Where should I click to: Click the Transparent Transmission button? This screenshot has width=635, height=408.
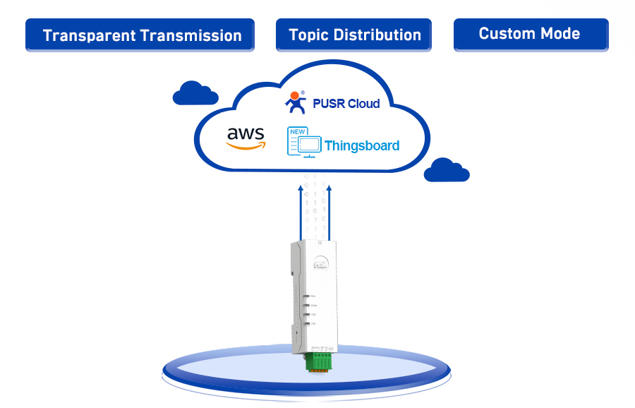[x=140, y=35]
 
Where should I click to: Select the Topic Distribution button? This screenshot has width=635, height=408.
[x=353, y=35]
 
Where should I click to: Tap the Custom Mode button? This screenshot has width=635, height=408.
[x=530, y=34]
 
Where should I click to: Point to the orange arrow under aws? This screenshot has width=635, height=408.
[x=246, y=145]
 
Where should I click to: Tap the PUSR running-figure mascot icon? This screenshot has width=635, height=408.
[x=296, y=103]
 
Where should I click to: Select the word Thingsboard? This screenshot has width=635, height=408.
[x=362, y=146]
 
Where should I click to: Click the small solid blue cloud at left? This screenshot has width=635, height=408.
[x=195, y=94]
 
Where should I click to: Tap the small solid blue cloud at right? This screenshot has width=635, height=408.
[x=447, y=171]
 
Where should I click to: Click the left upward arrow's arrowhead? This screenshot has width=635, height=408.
[x=301, y=188]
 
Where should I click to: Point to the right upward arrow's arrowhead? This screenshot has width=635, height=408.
[x=329, y=188]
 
